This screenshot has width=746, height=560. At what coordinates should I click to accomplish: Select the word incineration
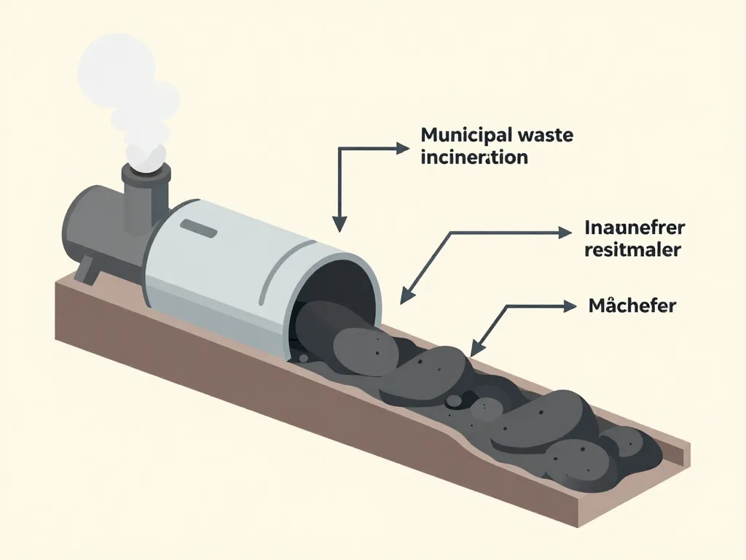click(474, 157)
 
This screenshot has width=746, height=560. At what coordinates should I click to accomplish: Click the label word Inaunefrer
click(635, 228)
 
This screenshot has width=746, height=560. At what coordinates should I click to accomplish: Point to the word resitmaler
click(632, 250)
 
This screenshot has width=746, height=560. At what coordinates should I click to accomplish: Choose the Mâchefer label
click(632, 306)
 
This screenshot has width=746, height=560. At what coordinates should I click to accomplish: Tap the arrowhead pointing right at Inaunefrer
click(565, 233)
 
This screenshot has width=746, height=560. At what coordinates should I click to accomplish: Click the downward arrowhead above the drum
click(338, 225)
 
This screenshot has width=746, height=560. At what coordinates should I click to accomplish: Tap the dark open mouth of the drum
click(331, 299)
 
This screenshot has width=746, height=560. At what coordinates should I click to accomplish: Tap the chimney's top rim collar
click(146, 171)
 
